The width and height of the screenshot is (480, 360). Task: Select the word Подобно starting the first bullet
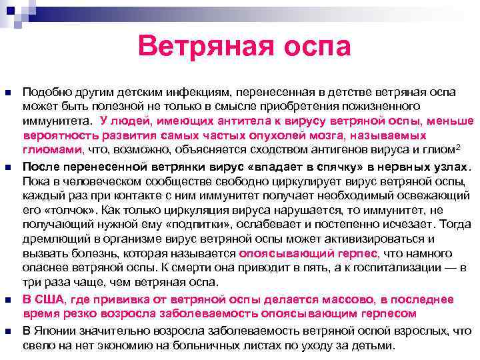click(45, 92)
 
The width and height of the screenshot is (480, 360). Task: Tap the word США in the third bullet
click(47, 298)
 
